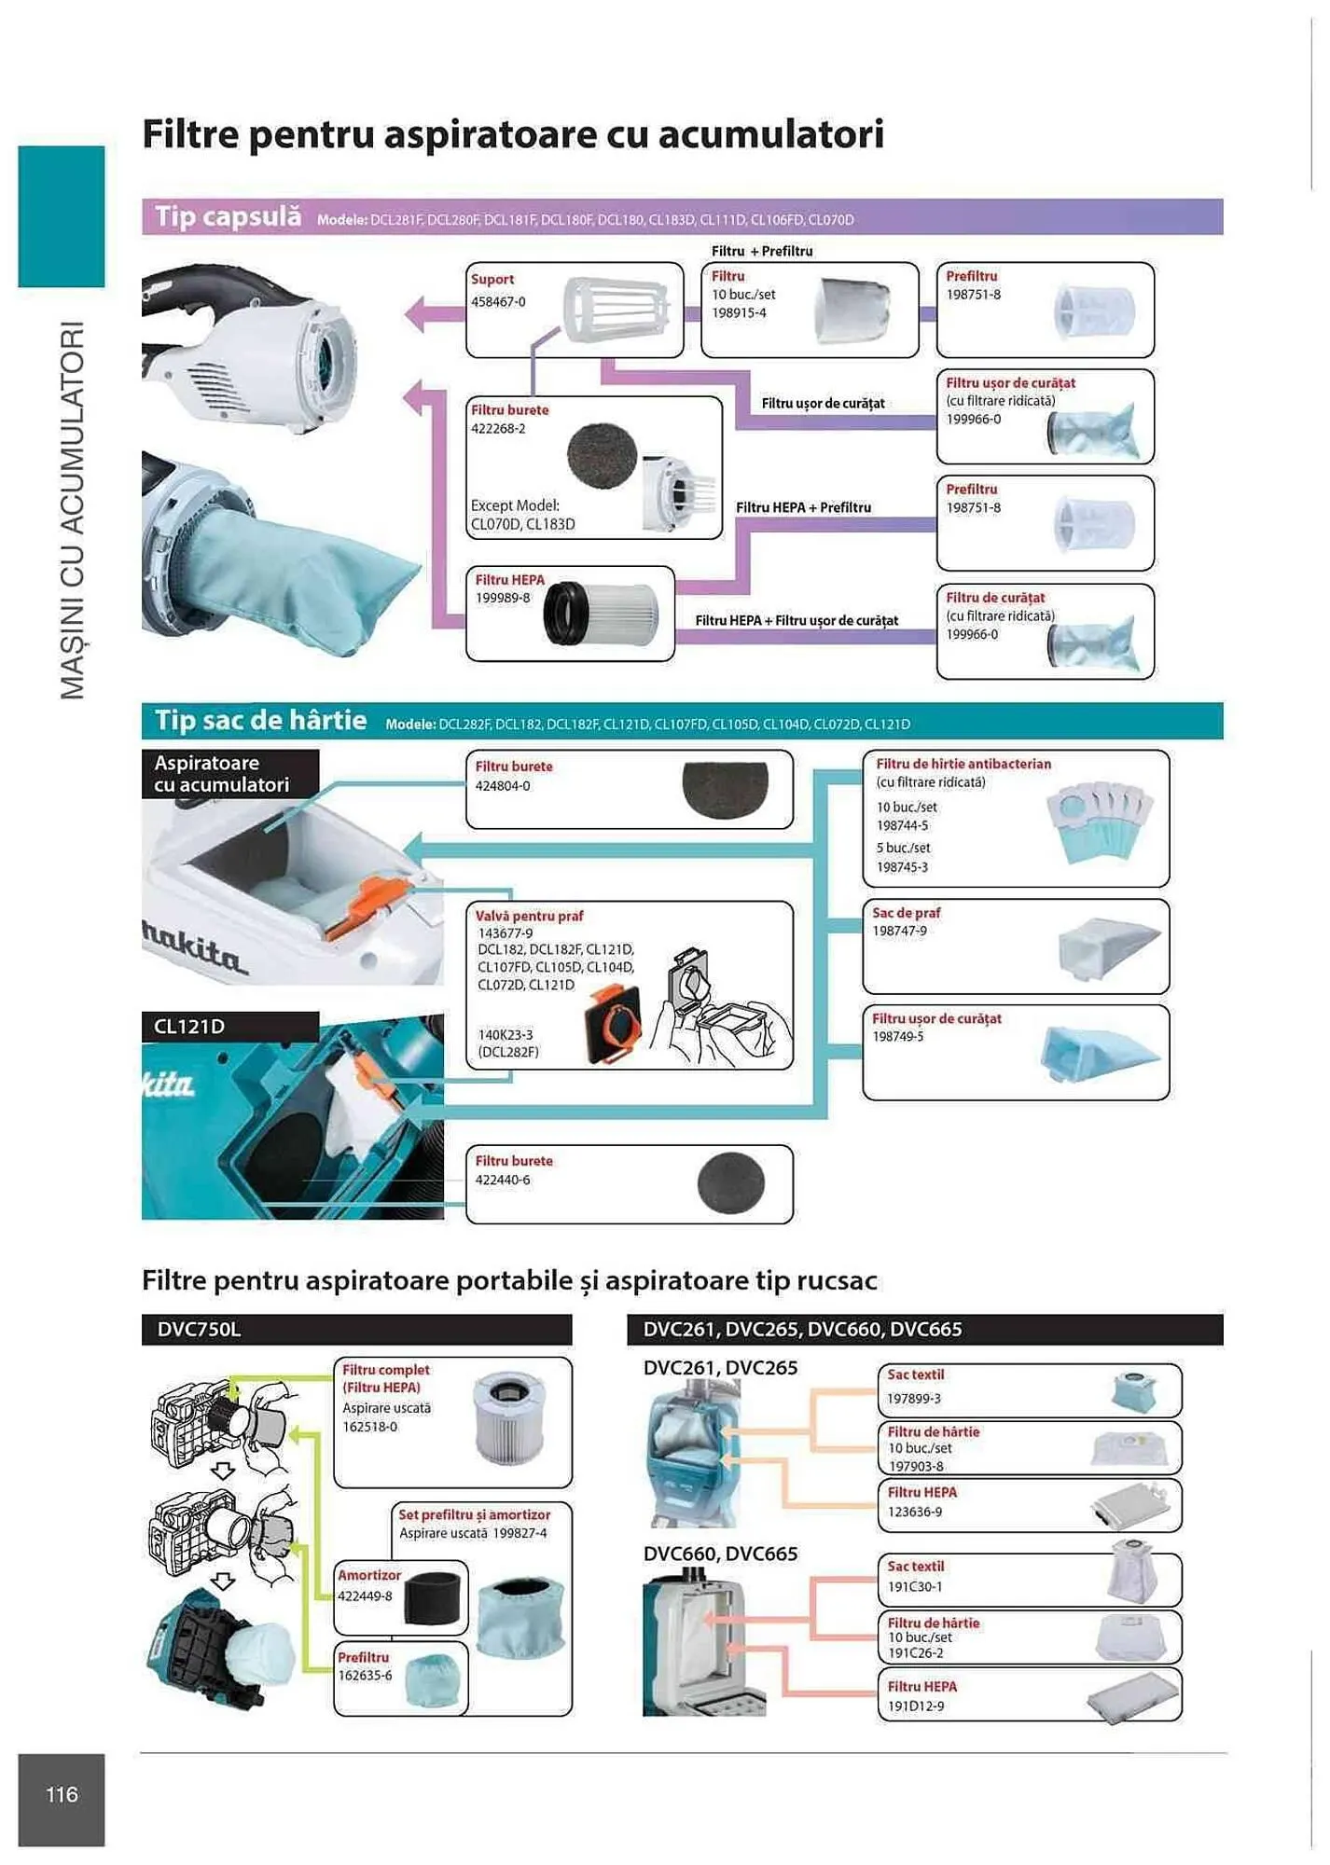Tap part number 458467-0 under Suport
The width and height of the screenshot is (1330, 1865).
[498, 302]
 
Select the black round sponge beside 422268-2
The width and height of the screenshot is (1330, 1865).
[602, 457]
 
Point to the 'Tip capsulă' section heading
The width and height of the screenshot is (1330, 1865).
[228, 217]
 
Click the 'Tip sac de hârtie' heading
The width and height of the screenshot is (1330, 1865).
[260, 721]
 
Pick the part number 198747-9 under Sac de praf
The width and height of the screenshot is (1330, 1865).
[899, 932]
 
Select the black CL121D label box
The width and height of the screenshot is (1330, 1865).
[229, 1027]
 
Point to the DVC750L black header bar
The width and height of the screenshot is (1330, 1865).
[356, 1330]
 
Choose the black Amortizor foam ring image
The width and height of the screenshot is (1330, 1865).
[436, 1599]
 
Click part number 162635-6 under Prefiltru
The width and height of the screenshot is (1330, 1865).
[365, 1676]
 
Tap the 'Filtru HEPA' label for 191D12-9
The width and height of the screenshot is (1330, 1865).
[921, 1687]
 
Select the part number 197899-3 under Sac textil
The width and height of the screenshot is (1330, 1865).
[913, 1399]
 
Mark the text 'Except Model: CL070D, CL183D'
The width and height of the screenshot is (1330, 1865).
[522, 515]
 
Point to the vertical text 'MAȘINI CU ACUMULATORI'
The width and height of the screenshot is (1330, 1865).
[72, 510]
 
